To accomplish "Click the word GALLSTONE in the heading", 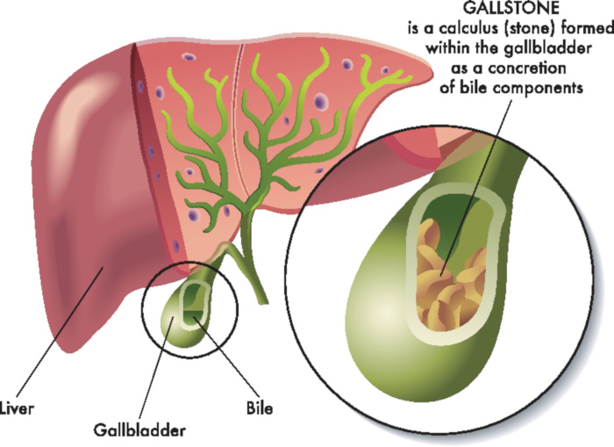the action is (x=511, y=8).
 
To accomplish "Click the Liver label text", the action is (x=17, y=408).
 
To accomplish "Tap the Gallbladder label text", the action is (x=139, y=430).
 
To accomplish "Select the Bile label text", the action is (x=260, y=408).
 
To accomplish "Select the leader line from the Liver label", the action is (x=59, y=333).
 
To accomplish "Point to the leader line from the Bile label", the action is (x=227, y=358).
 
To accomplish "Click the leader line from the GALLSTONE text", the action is (x=476, y=187).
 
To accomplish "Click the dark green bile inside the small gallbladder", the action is (x=193, y=316).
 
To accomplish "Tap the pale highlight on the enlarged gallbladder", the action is (x=386, y=314).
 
